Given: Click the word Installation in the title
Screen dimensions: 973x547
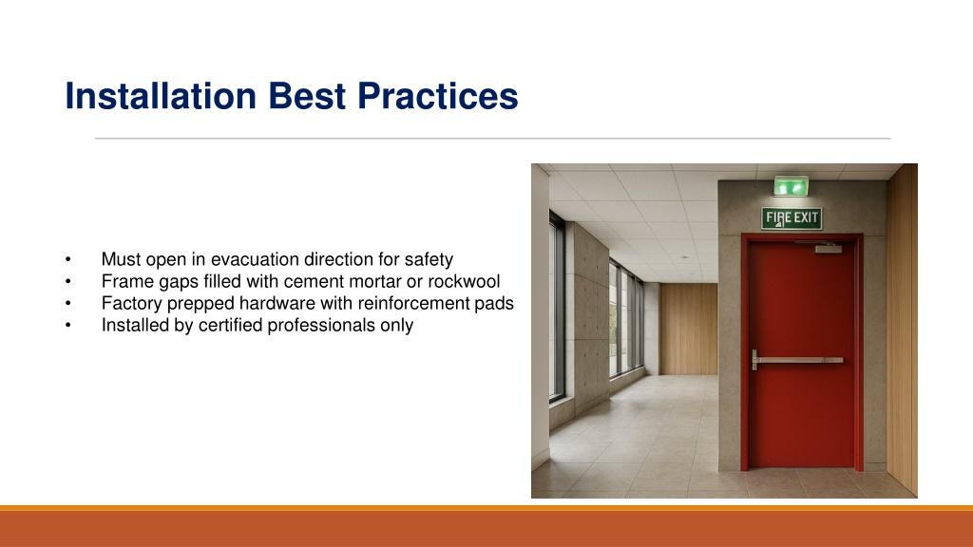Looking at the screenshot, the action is (x=161, y=96).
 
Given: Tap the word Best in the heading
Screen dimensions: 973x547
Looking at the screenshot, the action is (x=307, y=96).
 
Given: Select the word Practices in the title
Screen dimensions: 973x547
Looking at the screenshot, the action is (x=437, y=96).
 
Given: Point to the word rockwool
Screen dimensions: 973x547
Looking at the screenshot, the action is (x=464, y=281).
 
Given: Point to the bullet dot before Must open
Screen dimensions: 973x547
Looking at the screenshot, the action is (x=68, y=260).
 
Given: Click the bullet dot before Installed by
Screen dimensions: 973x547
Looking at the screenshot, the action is (x=68, y=326).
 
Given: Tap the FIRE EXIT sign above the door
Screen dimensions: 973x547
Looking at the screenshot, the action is (x=792, y=218).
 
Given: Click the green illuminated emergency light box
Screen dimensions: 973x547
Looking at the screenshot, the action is (x=792, y=186).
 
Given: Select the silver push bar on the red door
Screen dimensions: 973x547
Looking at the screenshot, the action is (x=797, y=360).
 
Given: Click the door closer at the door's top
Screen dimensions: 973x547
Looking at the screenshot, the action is (x=829, y=249).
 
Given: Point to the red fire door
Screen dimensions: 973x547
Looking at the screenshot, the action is (x=802, y=352).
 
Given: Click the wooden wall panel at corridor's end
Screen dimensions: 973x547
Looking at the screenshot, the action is (x=688, y=329).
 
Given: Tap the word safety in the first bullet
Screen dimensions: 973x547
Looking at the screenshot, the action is (x=429, y=259).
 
